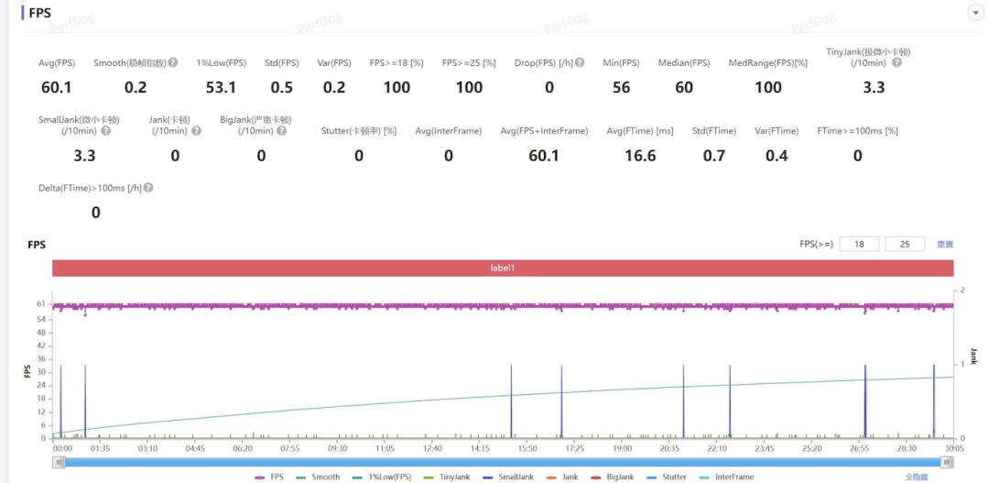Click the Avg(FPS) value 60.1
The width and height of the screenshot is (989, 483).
pyautogui.click(x=57, y=87)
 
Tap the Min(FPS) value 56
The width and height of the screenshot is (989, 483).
pyautogui.click(x=621, y=87)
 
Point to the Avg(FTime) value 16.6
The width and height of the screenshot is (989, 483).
pyautogui.click(x=639, y=156)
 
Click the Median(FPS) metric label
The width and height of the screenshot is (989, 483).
pyautogui.click(x=683, y=63)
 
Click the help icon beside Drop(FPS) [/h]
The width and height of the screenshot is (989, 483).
pyautogui.click(x=580, y=63)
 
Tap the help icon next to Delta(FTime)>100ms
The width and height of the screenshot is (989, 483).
pyautogui.click(x=148, y=188)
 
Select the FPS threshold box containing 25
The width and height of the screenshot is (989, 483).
pyautogui.click(x=907, y=244)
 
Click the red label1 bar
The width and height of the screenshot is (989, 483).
pyautogui.click(x=503, y=268)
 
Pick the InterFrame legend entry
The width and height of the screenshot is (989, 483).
pyautogui.click(x=728, y=477)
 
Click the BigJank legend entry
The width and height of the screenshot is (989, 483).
pyautogui.click(x=614, y=477)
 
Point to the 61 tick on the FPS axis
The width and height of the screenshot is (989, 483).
pyautogui.click(x=41, y=303)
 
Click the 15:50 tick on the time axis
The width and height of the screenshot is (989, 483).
pyautogui.click(x=527, y=449)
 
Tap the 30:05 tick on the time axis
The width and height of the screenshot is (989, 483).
pyautogui.click(x=954, y=449)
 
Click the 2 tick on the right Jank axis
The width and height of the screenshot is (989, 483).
pyautogui.click(x=962, y=290)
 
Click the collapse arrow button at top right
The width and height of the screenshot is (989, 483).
pyautogui.click(x=974, y=13)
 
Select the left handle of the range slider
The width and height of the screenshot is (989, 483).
pyautogui.click(x=60, y=462)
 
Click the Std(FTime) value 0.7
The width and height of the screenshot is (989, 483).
pyautogui.click(x=713, y=156)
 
